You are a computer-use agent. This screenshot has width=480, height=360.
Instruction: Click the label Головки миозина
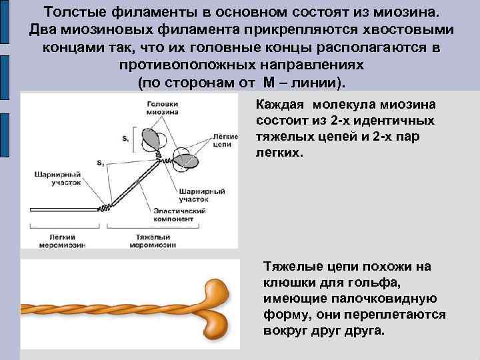click(163, 108)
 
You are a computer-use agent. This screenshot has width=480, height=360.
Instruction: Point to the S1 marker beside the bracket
click(125, 139)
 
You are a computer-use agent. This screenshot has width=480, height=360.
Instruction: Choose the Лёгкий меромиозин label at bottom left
click(65, 241)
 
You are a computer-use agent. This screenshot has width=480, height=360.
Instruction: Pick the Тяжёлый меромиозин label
click(153, 241)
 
